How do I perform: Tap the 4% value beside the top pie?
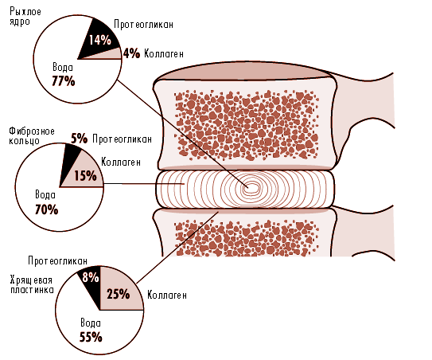coord(131,53)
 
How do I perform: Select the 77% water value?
coord(64,81)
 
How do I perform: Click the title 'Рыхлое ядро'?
coord(25,17)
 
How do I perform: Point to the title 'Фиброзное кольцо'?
coord(32,135)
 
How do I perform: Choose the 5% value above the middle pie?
coord(79,139)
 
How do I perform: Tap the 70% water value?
coord(47,209)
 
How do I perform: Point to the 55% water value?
coord(91,337)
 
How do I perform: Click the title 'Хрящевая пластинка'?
coord(32,285)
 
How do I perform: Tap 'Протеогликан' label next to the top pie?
coord(143,24)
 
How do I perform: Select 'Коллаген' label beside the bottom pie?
coord(167,295)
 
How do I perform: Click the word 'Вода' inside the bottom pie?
coord(91,323)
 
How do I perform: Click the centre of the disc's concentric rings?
coord(250,188)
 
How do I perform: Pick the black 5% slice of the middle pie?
coord(69,162)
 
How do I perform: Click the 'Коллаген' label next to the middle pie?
coord(121,162)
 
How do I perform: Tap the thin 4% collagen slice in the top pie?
coord(111,54)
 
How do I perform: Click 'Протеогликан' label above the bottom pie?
coord(57,261)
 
